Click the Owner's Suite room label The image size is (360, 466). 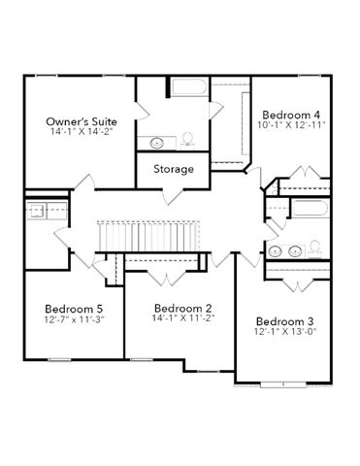82,121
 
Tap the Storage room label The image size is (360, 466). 174,169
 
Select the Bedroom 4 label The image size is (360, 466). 291,115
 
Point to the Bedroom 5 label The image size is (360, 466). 74,309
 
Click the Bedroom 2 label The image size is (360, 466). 183,308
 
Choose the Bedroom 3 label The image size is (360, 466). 285,321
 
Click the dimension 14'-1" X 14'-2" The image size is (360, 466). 82,131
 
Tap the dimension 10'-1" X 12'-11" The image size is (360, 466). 291,124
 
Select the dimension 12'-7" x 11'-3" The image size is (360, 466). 74,319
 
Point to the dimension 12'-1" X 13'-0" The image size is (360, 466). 285,331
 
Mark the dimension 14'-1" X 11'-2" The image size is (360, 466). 183,317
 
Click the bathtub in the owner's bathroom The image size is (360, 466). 189,86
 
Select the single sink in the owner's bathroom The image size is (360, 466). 157,143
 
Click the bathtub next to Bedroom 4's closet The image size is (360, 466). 311,208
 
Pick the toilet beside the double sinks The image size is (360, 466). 314,249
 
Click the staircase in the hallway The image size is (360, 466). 148,236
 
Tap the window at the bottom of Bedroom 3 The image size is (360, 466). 283,384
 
